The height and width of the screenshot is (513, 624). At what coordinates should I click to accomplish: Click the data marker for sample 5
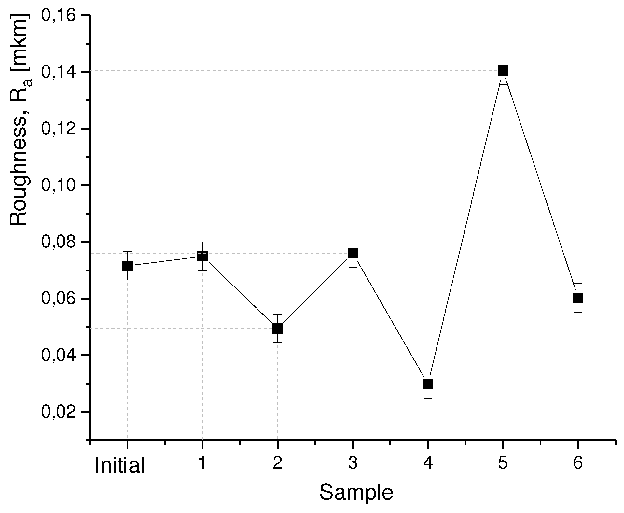503,70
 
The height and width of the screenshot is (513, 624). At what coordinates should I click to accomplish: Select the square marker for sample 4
427,384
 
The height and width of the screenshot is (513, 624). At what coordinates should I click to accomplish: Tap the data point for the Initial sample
127,266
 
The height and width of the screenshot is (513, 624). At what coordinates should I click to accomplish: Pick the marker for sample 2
277,328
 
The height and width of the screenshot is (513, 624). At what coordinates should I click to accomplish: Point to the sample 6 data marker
578,298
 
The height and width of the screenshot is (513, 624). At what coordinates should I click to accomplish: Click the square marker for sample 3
353,253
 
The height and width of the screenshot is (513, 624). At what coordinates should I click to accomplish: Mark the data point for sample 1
202,256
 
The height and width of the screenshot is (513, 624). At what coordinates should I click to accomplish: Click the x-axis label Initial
119,465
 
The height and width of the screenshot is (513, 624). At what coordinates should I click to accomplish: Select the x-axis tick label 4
428,463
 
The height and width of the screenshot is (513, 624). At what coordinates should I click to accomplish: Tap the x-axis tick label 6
578,463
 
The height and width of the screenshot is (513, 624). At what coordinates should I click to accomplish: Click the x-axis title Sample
356,492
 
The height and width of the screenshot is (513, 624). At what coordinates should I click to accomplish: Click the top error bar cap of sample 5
503,56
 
